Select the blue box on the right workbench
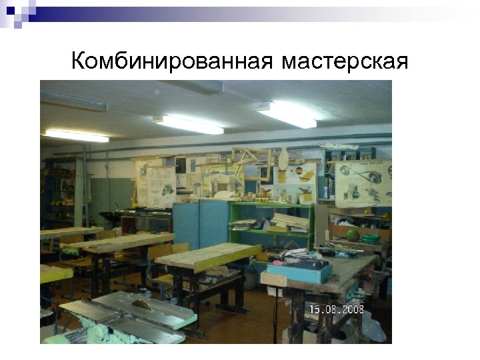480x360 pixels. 298,271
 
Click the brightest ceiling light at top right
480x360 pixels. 287,115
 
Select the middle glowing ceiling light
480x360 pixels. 188,124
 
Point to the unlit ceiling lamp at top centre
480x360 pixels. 200,87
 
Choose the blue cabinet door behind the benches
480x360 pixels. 201,224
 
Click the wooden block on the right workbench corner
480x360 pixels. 273,279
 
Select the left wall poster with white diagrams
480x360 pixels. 155,181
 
